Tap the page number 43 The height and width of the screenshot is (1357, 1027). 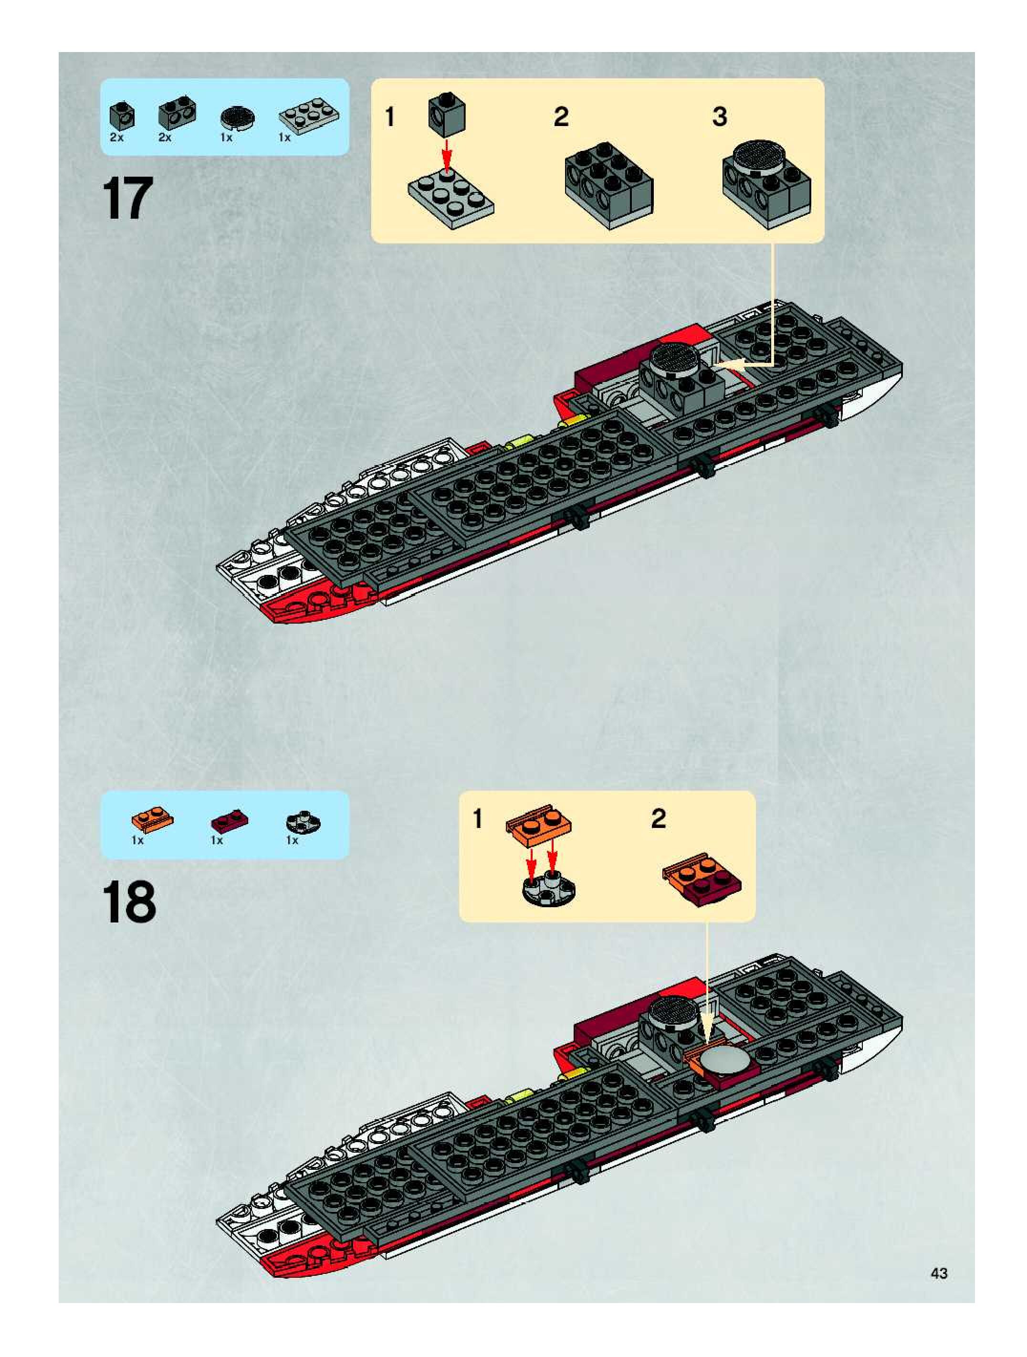tap(939, 1273)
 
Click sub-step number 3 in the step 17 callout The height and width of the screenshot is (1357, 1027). tap(720, 117)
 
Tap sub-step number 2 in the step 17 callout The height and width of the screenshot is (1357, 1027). tap(560, 117)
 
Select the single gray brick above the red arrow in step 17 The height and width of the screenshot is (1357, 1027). tap(446, 112)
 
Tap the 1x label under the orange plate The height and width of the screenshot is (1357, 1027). tap(137, 840)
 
